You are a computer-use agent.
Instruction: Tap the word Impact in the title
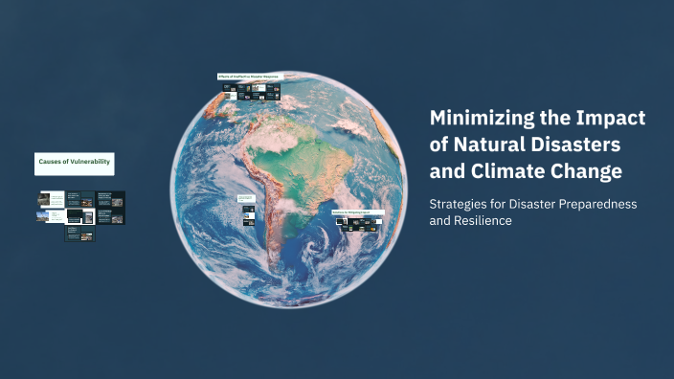coord(615,119)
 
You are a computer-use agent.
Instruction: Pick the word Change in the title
coord(588,172)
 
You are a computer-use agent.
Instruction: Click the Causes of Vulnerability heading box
coord(75,163)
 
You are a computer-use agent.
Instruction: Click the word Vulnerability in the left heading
coord(89,163)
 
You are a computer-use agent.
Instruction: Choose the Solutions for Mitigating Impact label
coord(357,212)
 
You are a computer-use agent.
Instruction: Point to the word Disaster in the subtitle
coord(528,205)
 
